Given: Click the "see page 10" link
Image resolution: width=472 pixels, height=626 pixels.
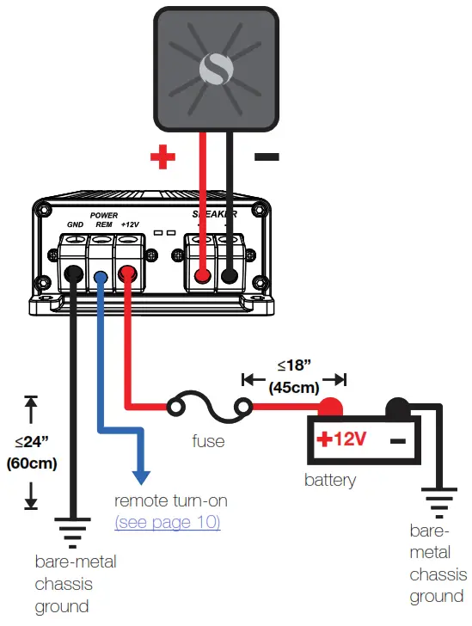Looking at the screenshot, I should [168, 522].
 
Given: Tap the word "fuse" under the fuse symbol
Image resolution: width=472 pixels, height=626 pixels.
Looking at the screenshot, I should [208, 441].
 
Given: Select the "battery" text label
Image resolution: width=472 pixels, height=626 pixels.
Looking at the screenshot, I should [329, 480].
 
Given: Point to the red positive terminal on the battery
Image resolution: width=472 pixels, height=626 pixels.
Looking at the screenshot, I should [331, 407].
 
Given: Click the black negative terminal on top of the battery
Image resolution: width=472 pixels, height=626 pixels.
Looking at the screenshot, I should [396, 407].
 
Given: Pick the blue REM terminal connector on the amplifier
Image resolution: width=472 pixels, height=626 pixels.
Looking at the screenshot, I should [101, 276].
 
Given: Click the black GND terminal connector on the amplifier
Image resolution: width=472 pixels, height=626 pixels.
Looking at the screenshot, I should [73, 275].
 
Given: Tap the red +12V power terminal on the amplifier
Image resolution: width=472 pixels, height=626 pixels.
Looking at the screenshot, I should [128, 275].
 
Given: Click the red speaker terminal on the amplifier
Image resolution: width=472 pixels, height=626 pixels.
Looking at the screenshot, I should [202, 276].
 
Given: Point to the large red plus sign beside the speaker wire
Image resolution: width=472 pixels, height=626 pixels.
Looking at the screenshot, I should [162, 156].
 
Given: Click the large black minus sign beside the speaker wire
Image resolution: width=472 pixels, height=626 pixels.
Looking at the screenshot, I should [267, 156].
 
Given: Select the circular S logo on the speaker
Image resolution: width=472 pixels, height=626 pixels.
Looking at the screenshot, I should [214, 70].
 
